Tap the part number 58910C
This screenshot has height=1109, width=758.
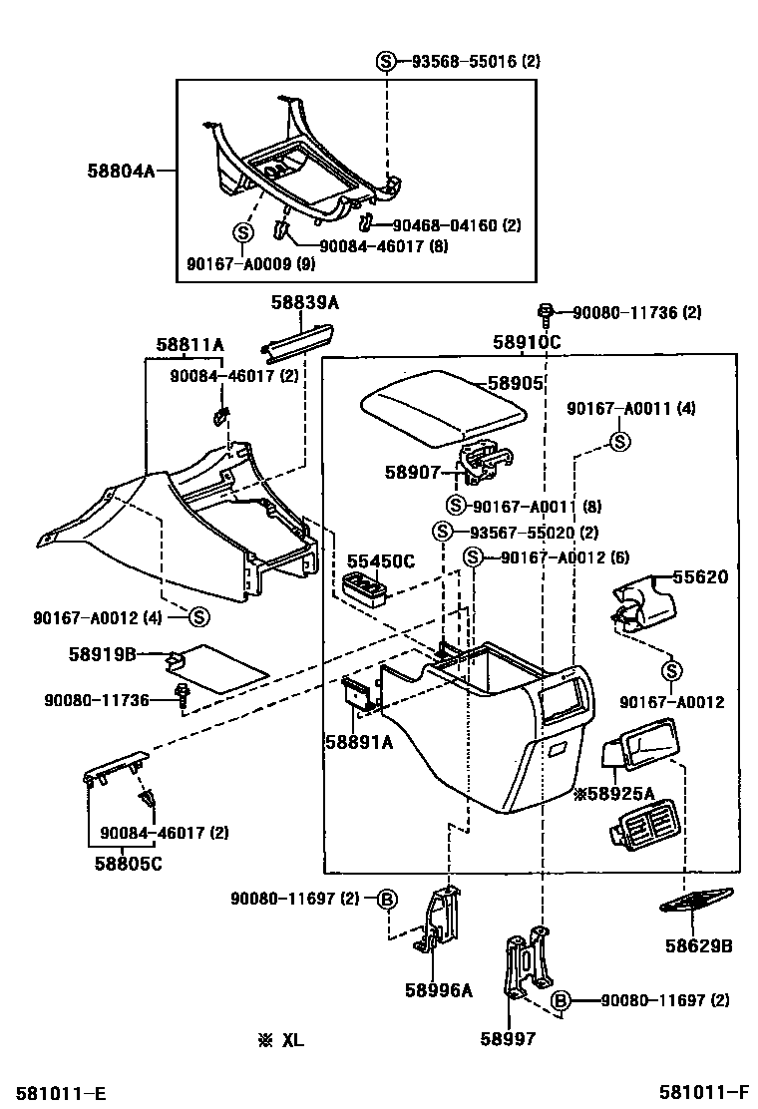click(527, 342)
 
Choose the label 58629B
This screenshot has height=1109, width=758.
click(697, 944)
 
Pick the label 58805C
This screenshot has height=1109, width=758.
click(128, 863)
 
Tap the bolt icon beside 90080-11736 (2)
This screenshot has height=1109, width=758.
click(546, 313)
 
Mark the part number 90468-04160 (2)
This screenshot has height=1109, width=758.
click(456, 225)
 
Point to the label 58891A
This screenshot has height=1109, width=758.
click(358, 741)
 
